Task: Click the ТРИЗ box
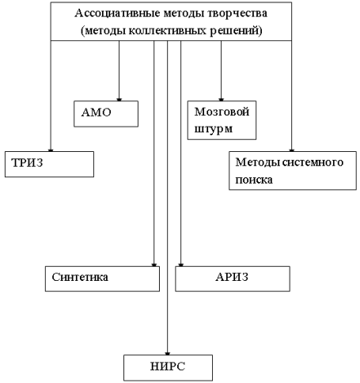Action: (49, 164)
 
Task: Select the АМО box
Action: (106, 114)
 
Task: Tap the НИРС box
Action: (168, 368)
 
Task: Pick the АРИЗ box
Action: (233, 279)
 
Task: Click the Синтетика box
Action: (102, 279)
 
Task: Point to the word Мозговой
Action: (222, 112)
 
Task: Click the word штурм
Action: (214, 129)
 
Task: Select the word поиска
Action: (254, 180)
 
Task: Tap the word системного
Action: (313, 162)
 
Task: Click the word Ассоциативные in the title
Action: (117, 13)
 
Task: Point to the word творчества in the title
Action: (237, 13)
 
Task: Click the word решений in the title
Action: (235, 31)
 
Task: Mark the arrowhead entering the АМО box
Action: (119, 100)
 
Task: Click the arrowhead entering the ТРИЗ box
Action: (51, 150)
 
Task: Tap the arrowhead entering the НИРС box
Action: (167, 354)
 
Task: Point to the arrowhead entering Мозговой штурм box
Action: (221, 100)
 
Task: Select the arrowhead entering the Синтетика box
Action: (154, 265)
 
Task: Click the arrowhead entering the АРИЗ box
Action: (180, 265)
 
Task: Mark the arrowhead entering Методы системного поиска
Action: (291, 150)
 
